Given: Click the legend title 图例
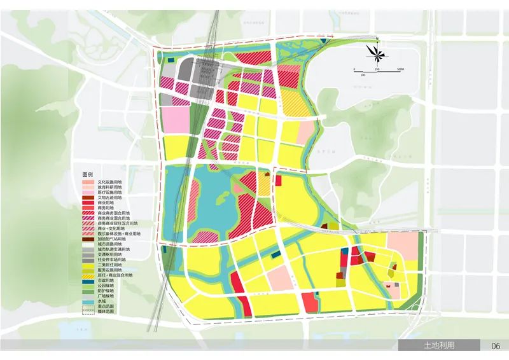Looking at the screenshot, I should point(87,174).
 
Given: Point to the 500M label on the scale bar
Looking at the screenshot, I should point(400,69).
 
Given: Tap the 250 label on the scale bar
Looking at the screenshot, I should point(377,69).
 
